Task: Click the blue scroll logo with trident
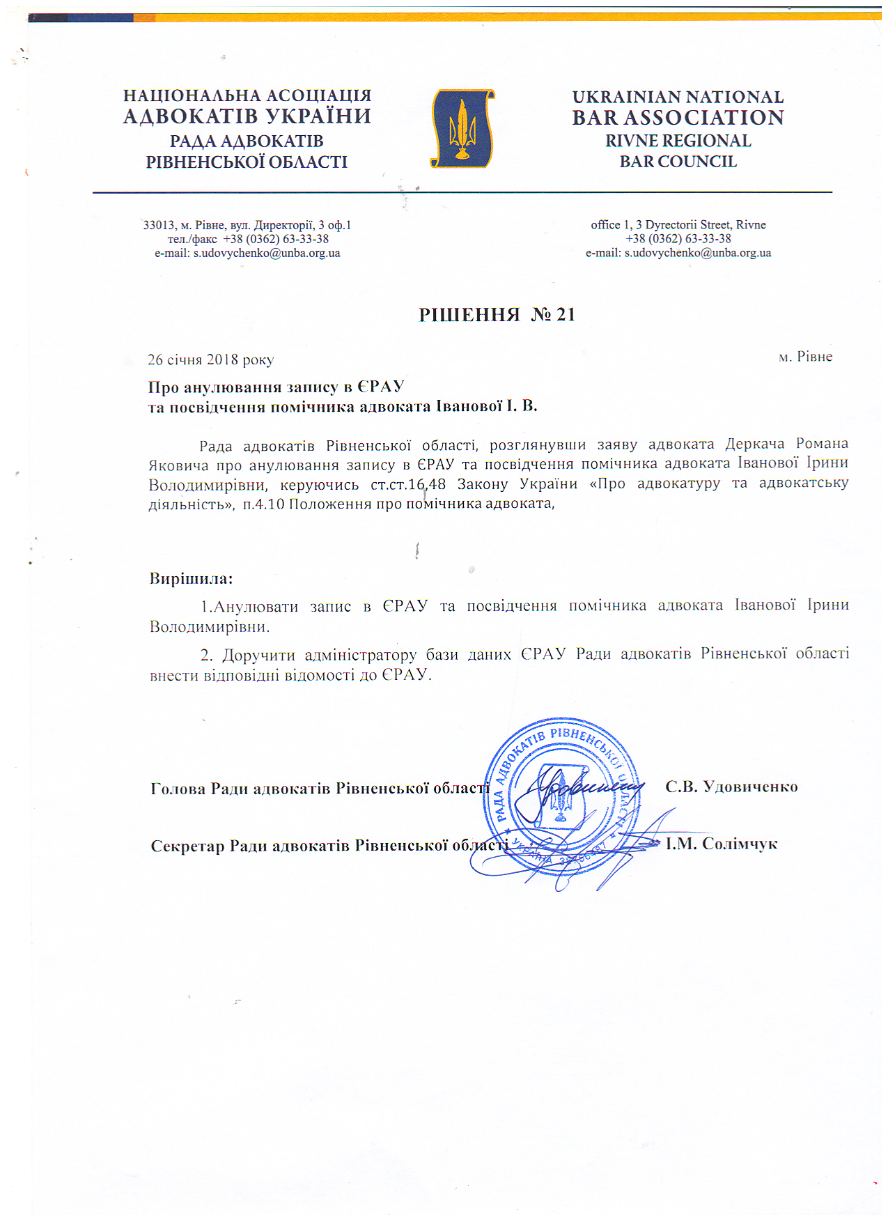[x=462, y=128]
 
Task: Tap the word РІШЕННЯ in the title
[x=469, y=315]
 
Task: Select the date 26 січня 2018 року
[x=210, y=359]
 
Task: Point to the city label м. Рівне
[x=805, y=357]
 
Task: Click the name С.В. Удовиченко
[x=731, y=787]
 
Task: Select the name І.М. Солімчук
[x=722, y=844]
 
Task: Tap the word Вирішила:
[x=191, y=578]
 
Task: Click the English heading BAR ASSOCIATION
[x=678, y=118]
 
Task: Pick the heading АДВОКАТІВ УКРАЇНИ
[x=247, y=116]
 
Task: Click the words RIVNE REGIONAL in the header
[x=678, y=141]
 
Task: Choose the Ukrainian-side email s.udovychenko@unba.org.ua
[x=267, y=253]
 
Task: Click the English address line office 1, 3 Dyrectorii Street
[x=678, y=224]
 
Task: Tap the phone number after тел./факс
[x=276, y=239]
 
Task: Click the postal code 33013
[x=159, y=225]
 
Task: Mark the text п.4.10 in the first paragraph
[x=263, y=504]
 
